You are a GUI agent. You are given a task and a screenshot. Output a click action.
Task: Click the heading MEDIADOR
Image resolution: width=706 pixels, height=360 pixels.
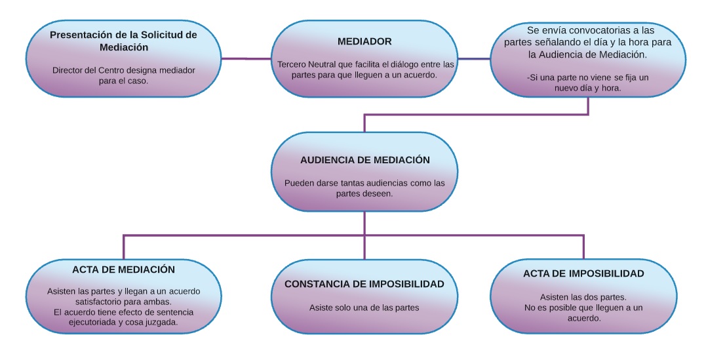[x=364, y=41]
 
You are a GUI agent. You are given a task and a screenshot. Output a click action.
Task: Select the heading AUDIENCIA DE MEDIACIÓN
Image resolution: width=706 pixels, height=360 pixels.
[x=364, y=160]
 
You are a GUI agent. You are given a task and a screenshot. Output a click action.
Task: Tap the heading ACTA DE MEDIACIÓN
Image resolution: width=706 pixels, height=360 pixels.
[x=123, y=270]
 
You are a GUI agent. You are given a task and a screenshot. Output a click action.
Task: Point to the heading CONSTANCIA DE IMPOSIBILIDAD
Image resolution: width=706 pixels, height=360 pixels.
[x=364, y=284]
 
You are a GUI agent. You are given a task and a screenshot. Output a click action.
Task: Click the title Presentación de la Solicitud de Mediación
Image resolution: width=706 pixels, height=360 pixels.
[x=123, y=41]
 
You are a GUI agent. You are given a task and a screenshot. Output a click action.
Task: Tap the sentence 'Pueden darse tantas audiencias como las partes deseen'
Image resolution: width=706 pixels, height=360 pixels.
[x=364, y=188]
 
